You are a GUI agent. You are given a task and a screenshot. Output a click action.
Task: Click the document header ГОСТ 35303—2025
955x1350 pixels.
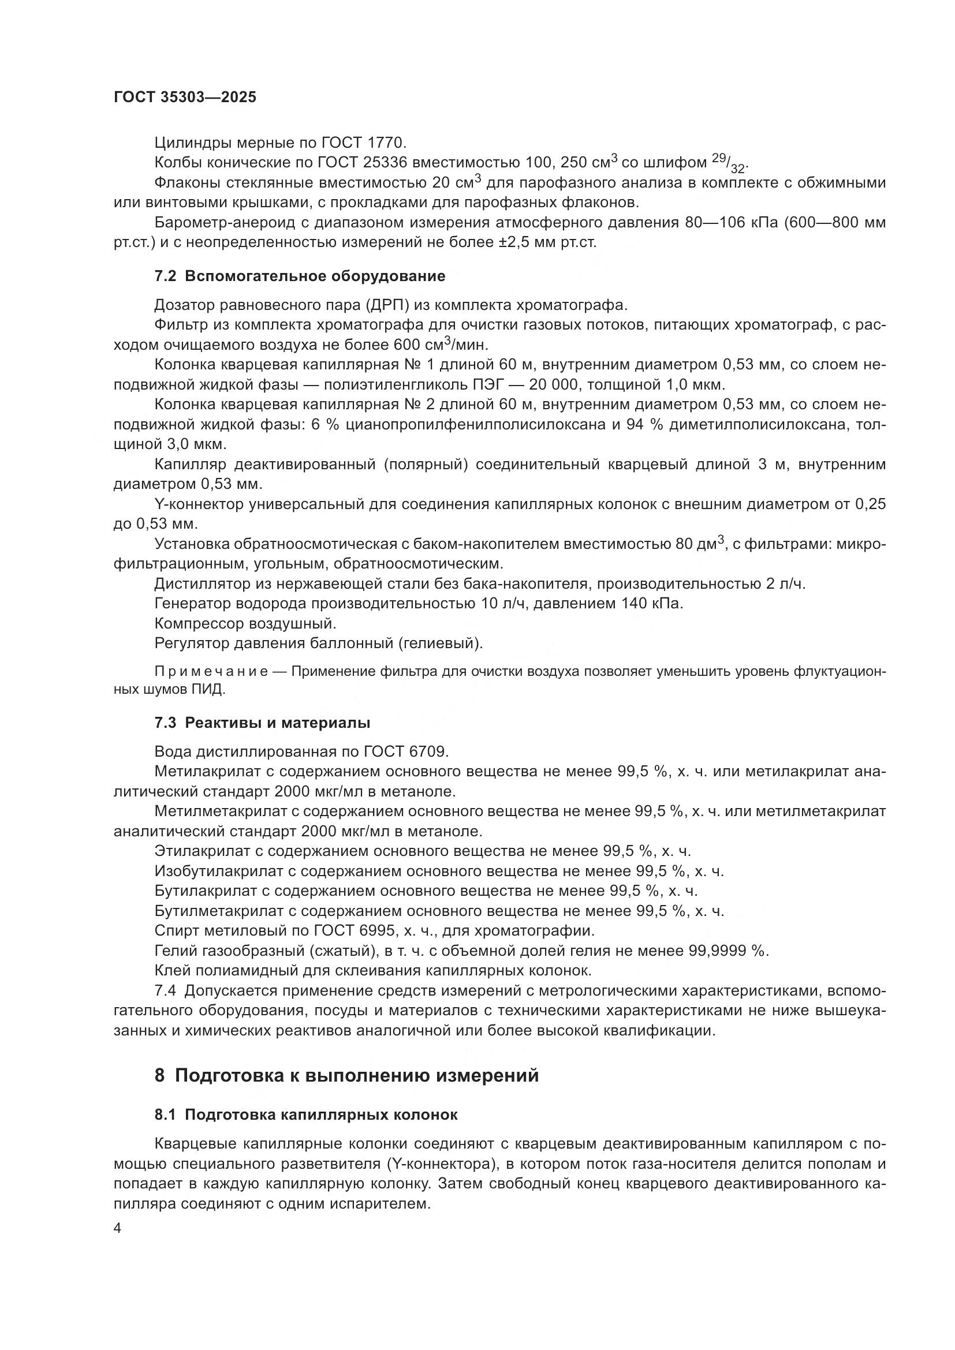click(185, 98)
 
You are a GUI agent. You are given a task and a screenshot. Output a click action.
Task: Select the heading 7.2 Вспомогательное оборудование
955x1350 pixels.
click(299, 276)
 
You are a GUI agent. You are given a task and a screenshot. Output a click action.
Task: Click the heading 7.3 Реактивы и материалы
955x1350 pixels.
click(262, 723)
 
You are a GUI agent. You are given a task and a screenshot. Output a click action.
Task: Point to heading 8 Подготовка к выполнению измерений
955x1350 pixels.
click(346, 1075)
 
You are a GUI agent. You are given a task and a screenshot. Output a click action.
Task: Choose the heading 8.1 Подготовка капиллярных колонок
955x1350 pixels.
click(306, 1115)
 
